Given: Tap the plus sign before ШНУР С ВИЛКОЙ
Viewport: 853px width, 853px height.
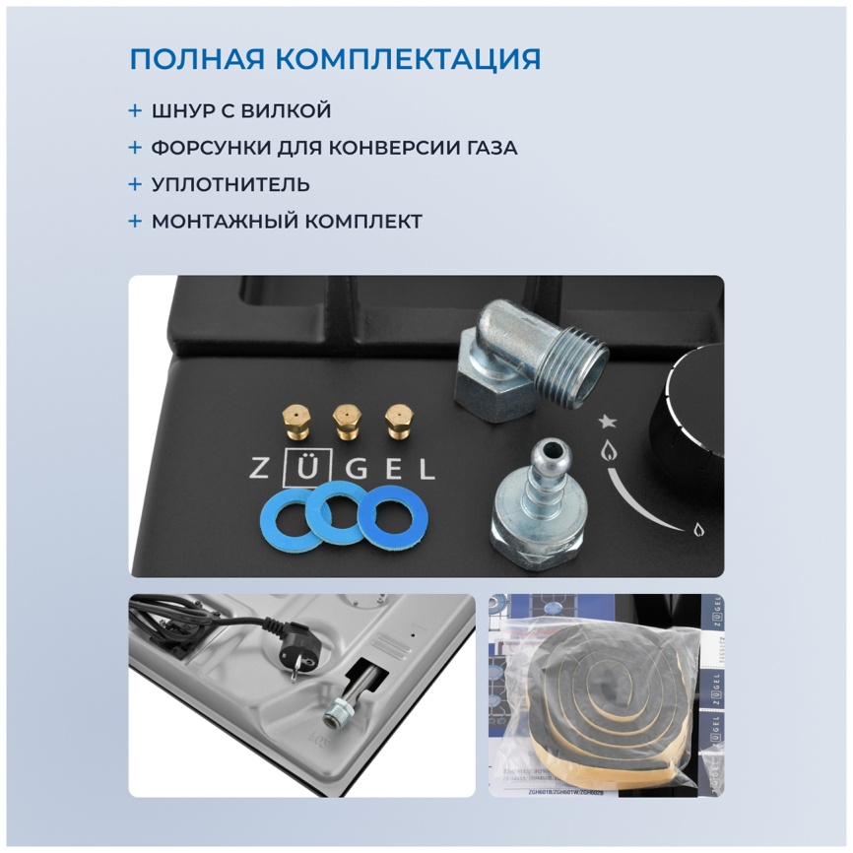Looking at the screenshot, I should point(135,110).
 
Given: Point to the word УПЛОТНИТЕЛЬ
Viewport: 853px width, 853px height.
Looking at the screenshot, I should point(230,184).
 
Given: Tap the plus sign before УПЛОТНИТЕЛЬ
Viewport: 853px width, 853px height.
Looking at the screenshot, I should point(135,184).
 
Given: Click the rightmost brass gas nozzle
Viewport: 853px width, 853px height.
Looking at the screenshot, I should point(397,422).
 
